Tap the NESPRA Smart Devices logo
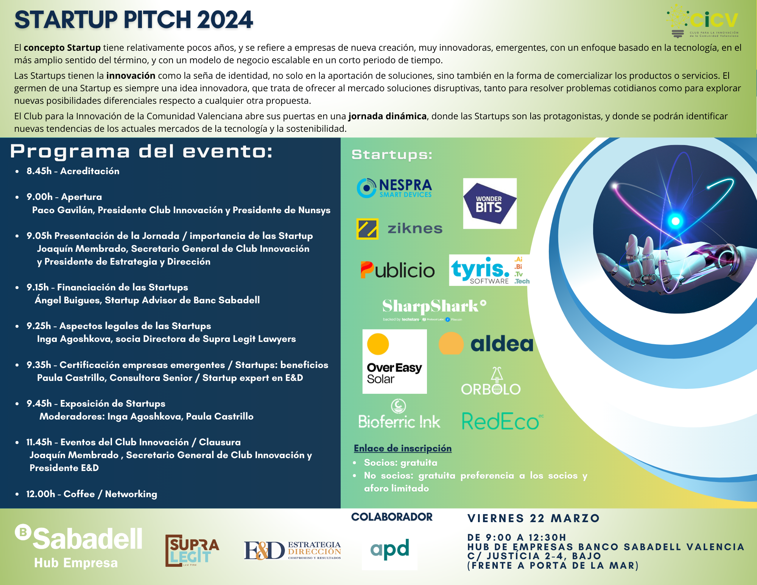pos(395,188)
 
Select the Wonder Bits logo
pos(489,204)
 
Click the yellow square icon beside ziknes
pos(367,229)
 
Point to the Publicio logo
pos(397,270)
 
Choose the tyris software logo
pos(489,270)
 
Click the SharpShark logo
pos(434,308)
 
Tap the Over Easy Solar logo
pos(394,361)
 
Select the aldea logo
pos(486,343)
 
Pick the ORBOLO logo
pos(491,383)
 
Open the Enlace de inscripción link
pos(402,448)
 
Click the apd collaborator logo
pos(390,549)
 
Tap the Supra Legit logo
pos(192,550)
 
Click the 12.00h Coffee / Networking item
pos(91,494)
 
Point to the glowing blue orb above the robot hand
pos(675,221)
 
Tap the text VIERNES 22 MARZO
pos(533,518)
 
